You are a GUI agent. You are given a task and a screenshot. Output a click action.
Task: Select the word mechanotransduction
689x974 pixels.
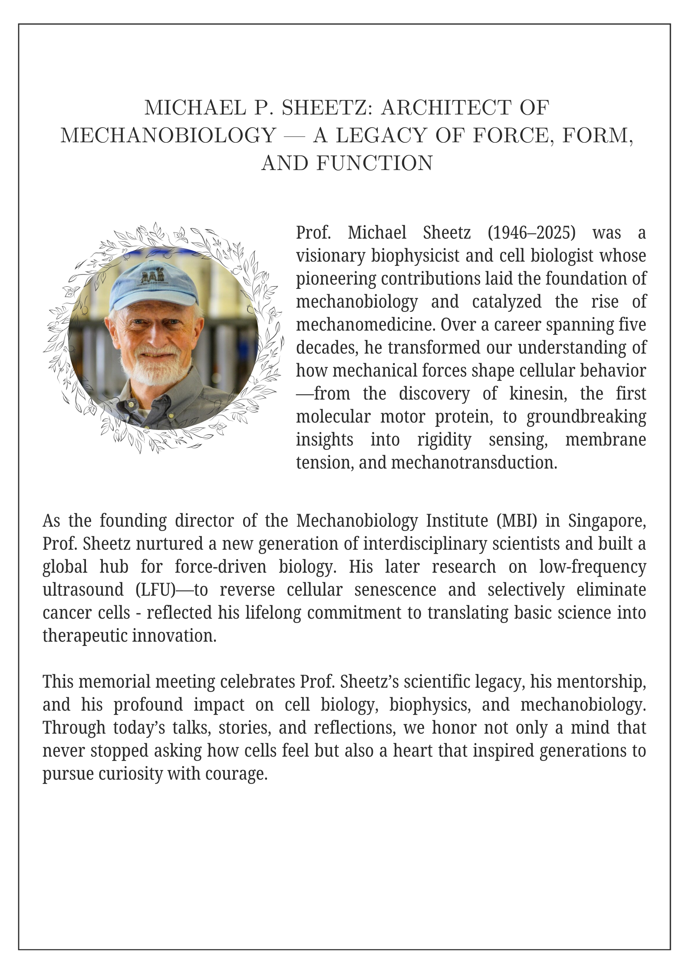coord(473,462)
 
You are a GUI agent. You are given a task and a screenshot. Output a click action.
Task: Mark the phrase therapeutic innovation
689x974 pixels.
coord(129,636)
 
